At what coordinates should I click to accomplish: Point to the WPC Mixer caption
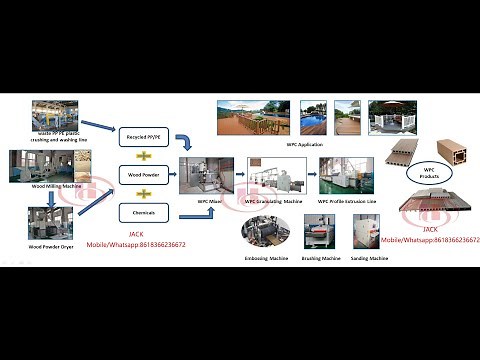208,201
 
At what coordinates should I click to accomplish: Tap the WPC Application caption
300,144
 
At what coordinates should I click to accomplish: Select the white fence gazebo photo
391,117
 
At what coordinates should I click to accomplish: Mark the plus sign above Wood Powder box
142,154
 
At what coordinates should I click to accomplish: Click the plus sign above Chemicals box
142,192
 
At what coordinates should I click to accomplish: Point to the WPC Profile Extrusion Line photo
345,176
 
